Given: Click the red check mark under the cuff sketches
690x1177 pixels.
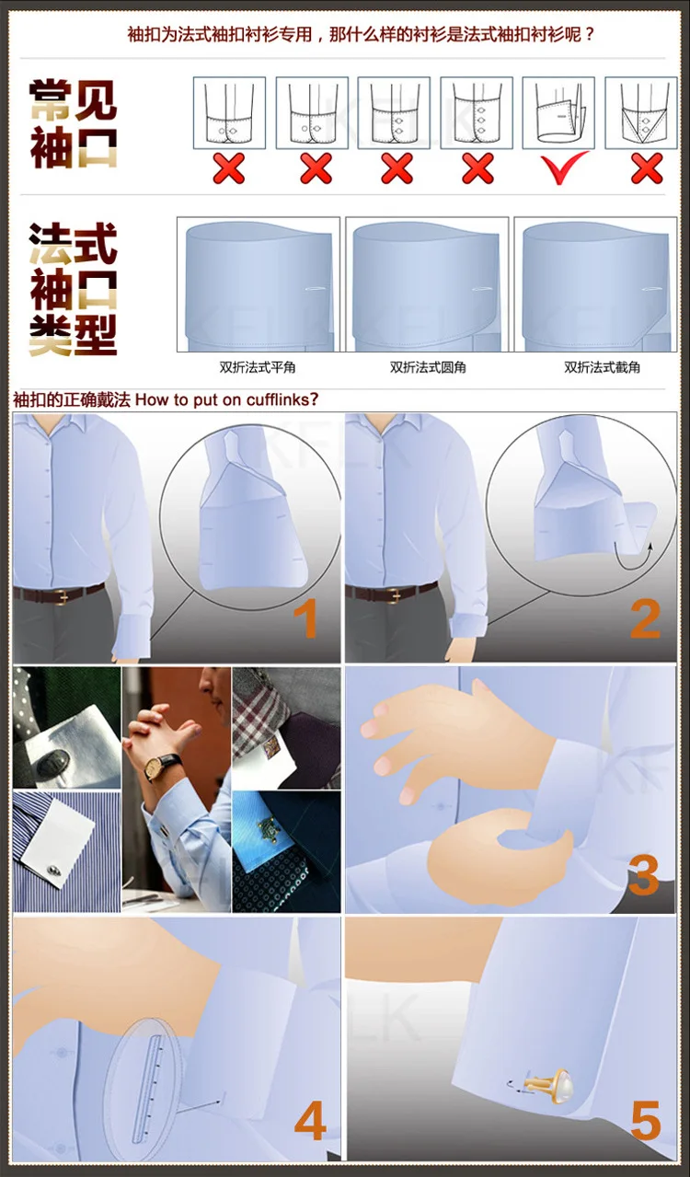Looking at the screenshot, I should point(565,167).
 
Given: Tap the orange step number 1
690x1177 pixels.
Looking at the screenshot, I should point(305,620).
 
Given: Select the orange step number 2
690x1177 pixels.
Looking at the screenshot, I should point(645,620).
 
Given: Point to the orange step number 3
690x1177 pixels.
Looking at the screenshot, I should point(644,875).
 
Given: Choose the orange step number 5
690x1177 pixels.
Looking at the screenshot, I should point(646,1121).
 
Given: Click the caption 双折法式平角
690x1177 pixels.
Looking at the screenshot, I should point(258,367).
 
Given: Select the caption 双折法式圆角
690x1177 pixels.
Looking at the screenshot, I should point(428,367).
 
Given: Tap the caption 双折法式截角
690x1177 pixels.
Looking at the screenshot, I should point(603,367).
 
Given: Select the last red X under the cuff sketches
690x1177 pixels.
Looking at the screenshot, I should point(647,168).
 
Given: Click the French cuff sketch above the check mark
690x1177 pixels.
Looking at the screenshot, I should point(558,113).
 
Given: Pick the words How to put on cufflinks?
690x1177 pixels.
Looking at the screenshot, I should point(228,399).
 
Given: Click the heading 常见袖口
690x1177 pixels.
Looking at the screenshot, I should point(74,124).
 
